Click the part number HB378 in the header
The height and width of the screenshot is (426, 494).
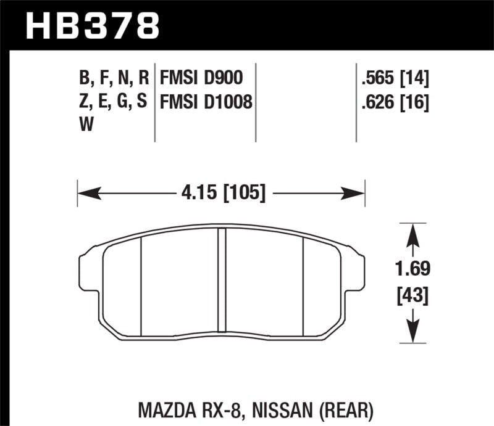coord(92,27)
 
